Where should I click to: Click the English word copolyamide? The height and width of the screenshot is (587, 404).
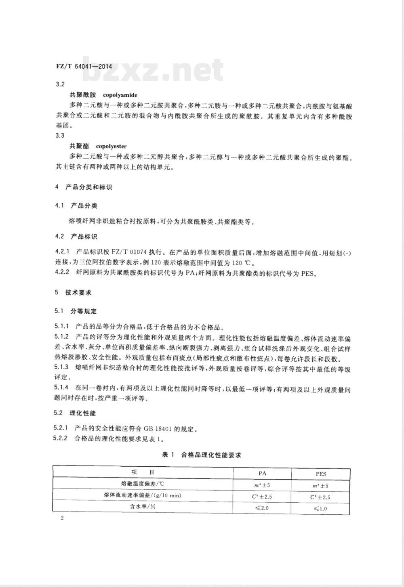coord(120,95)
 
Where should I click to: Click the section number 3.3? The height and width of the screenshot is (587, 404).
coord(59,135)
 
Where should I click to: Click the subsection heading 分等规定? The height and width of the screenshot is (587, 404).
coord(84,311)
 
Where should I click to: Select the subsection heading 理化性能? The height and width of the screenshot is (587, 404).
coord(83,413)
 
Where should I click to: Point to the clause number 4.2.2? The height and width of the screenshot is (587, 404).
coord(63,273)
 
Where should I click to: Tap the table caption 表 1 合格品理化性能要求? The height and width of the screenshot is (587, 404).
coord(201,455)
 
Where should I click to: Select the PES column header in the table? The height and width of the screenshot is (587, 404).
coord(321,474)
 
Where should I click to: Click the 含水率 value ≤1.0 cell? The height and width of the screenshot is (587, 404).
coord(320,508)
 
